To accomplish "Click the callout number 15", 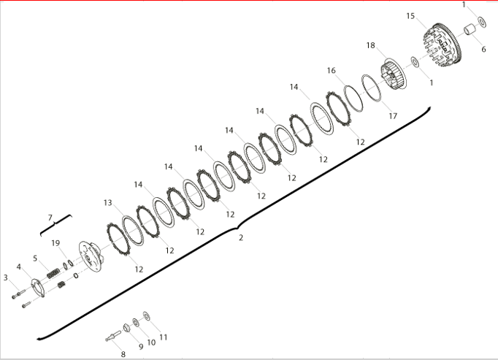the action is (410, 16).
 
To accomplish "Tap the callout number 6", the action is (483, 49).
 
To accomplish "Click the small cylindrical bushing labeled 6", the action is (470, 29).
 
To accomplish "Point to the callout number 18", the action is (371, 45).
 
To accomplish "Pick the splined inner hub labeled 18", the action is (393, 76).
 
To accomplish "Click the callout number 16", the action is (332, 71).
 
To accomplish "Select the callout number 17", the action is (393, 116).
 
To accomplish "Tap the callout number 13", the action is (107, 202).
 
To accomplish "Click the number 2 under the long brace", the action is (241, 237).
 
